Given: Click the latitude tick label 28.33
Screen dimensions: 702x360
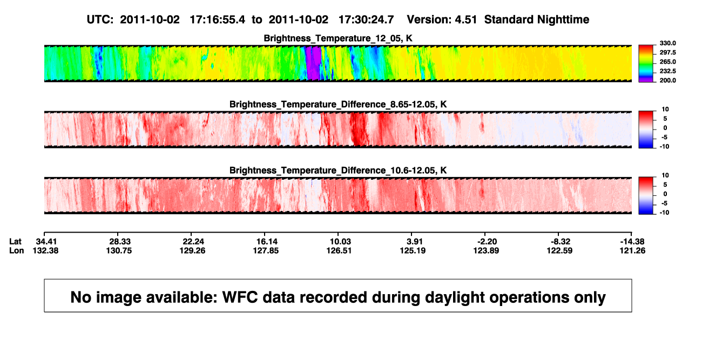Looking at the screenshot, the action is [119, 242].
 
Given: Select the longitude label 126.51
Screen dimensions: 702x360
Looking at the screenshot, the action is [339, 250].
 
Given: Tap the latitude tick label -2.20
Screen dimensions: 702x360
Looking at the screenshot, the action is [487, 242].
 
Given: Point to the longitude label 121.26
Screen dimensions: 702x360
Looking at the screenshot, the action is [632, 250].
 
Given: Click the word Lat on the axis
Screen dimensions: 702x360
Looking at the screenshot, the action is [15, 242].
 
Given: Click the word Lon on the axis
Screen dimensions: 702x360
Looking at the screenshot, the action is [17, 250].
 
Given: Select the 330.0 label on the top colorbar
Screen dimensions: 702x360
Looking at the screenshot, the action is [667, 43].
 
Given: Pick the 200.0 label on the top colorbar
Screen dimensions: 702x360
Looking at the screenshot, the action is [667, 80].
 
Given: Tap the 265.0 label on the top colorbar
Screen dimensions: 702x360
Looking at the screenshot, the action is [667, 62].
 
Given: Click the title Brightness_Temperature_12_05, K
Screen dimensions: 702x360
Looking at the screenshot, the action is [338, 38].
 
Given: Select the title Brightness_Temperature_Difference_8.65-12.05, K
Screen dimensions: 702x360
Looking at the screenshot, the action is [338, 104].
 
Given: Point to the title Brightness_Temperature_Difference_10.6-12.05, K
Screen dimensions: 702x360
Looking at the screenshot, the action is [338, 171].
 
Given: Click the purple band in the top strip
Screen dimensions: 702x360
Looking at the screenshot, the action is [314, 63].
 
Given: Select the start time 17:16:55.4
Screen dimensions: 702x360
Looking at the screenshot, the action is [217, 20].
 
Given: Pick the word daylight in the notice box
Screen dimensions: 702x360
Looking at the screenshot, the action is [455, 297].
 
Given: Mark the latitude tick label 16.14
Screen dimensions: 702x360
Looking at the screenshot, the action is [267, 242].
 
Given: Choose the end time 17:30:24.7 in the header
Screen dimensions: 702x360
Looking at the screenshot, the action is [366, 20].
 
